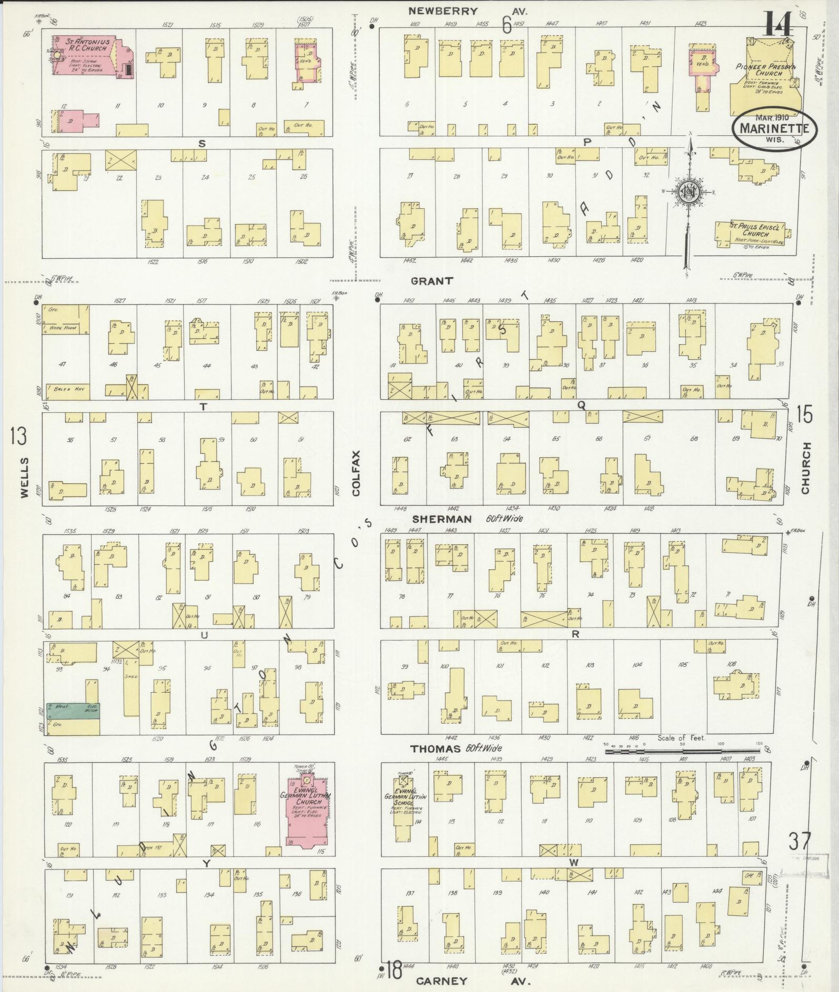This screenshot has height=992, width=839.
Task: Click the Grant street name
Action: (x=431, y=281)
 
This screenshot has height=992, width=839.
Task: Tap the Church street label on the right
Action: (x=806, y=468)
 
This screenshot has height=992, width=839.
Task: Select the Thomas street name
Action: (x=436, y=749)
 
